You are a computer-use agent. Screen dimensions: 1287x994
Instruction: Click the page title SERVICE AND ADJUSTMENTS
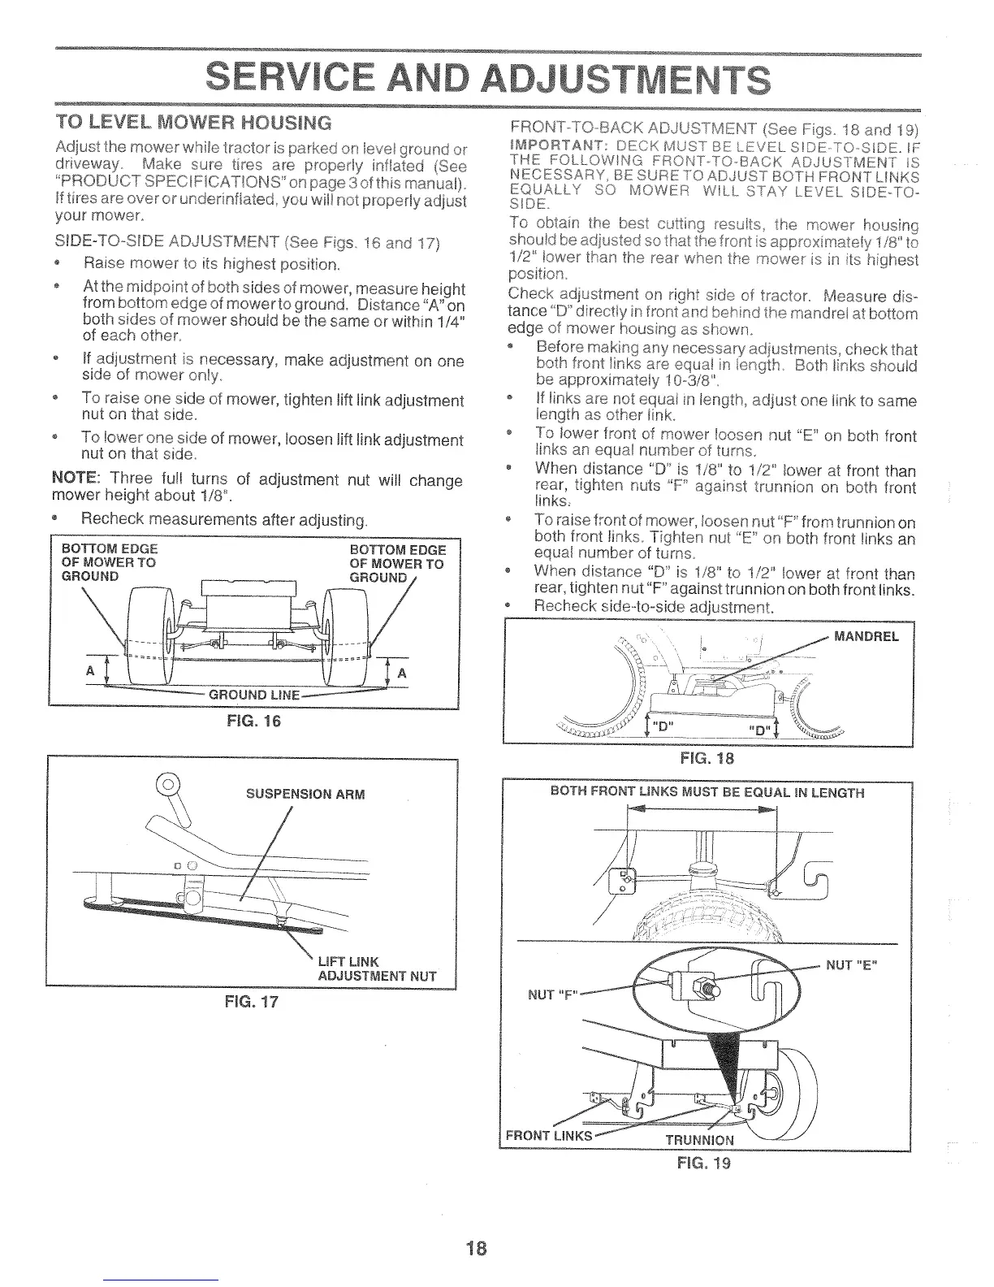point(486,80)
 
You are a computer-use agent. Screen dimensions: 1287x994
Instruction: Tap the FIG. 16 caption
point(255,721)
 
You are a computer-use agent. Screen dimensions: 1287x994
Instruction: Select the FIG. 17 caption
point(253,1001)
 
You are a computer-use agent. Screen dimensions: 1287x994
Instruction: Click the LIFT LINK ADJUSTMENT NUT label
point(376,969)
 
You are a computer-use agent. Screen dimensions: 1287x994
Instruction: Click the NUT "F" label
point(549,994)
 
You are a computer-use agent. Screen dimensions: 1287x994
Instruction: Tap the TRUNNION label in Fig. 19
point(699,1138)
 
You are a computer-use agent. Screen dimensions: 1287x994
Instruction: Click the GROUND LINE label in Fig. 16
point(255,695)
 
